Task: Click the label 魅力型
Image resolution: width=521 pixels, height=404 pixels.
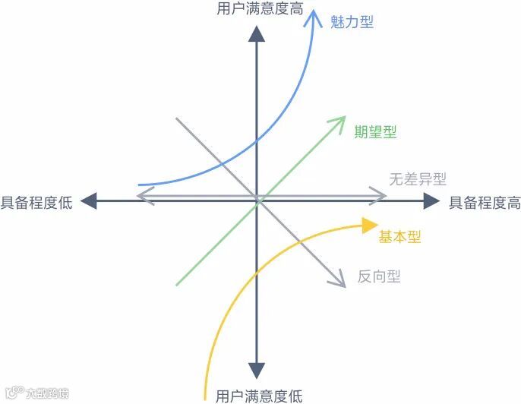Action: pyautogui.click(x=352, y=21)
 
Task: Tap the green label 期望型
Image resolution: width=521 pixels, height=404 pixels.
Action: pyautogui.click(x=375, y=132)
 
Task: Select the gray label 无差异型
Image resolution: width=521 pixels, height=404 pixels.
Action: pyautogui.click(x=417, y=179)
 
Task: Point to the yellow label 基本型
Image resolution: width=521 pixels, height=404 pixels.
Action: pyautogui.click(x=399, y=237)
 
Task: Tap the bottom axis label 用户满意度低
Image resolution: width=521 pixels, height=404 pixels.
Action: pyautogui.click(x=258, y=396)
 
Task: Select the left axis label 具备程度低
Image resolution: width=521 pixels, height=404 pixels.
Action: pyautogui.click(x=36, y=202)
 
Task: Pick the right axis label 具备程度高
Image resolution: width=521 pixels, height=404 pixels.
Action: pyautogui.click(x=485, y=202)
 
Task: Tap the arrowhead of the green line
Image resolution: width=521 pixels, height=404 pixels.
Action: pyautogui.click(x=339, y=122)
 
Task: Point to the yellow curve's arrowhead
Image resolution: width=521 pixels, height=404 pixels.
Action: pyautogui.click(x=370, y=224)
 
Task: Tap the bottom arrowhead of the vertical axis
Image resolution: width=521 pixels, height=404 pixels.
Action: pyautogui.click(x=257, y=370)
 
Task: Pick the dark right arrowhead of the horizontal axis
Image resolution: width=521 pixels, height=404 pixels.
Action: pyautogui.click(x=431, y=201)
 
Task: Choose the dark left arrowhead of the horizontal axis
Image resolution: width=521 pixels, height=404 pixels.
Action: pyautogui.click(x=90, y=201)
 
